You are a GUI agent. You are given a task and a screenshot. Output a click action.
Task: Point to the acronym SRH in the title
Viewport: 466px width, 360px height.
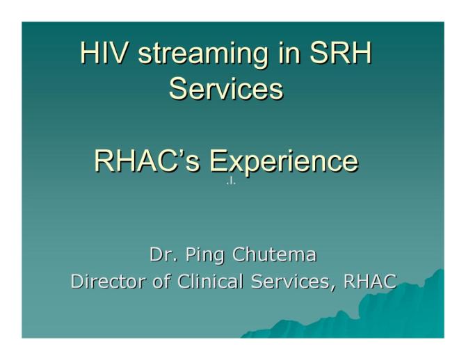click(x=345, y=54)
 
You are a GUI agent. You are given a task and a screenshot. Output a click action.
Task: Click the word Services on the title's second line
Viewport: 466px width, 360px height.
click(x=226, y=89)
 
